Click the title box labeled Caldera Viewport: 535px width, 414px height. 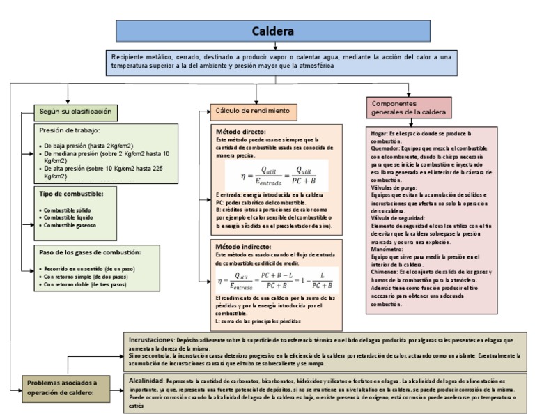click(x=272, y=31)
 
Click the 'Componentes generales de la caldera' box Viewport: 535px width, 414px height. click(x=410, y=107)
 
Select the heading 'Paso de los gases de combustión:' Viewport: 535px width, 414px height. click(x=91, y=252)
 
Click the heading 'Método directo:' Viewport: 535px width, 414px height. click(x=241, y=131)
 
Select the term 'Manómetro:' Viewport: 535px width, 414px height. click(x=386, y=248)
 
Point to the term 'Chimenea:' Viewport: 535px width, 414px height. click(x=383, y=271)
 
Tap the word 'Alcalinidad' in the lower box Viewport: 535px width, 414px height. click(x=145, y=381)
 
